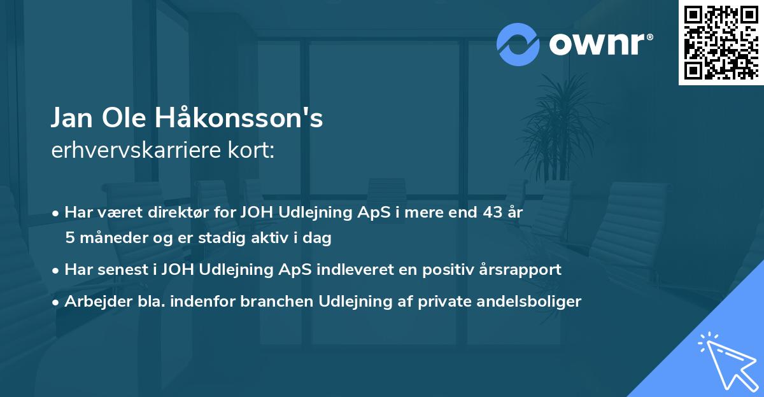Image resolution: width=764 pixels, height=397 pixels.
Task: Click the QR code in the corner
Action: click(x=720, y=42)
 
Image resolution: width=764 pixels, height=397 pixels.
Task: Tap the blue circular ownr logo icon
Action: click(x=518, y=45)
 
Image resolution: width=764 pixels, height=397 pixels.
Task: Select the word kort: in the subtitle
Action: click(x=253, y=150)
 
